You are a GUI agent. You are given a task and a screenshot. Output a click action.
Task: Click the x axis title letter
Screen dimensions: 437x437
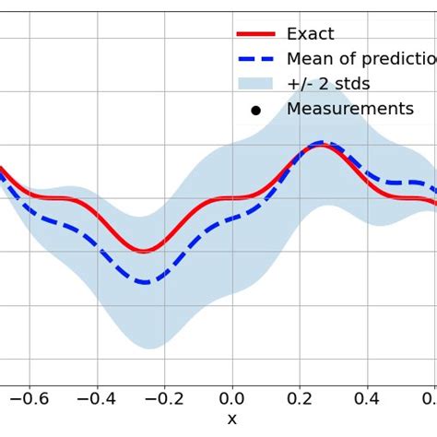pos(231,420)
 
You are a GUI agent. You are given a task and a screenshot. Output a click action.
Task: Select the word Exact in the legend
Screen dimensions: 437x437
pos(311,34)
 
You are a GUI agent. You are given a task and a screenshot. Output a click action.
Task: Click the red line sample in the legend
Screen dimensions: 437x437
pos(256,34)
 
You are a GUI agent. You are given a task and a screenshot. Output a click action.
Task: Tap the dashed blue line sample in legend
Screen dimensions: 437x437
pos(256,59)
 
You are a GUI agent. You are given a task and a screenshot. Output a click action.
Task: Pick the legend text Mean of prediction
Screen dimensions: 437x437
pos(360,59)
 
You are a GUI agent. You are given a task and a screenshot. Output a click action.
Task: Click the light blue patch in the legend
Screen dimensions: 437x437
pos(256,84)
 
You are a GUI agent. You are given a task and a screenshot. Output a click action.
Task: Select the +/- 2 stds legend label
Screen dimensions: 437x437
pos(328,84)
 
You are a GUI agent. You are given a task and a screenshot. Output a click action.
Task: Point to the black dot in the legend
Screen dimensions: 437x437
pos(256,110)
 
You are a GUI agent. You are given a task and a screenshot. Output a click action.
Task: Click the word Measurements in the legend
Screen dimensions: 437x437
pos(350,109)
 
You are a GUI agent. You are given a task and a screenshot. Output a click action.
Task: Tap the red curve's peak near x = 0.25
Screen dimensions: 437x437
pos(320,146)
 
